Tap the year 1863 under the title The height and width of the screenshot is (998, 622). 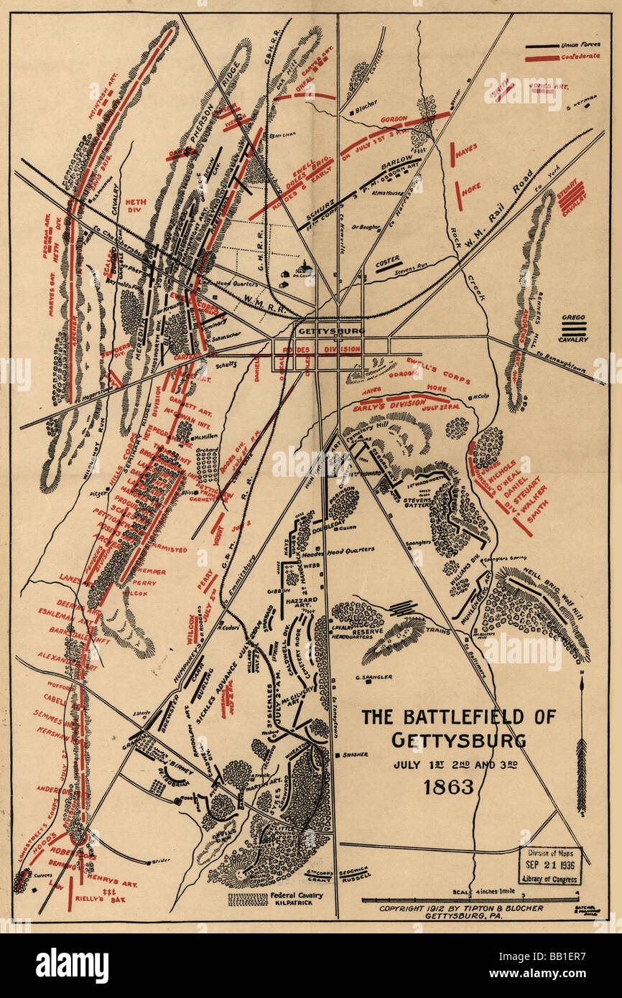pyautogui.click(x=448, y=786)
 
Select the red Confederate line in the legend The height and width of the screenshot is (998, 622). pyautogui.click(x=542, y=58)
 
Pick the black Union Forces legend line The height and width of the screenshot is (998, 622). pyautogui.click(x=542, y=47)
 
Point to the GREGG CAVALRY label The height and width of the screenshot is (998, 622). pyautogui.click(x=574, y=327)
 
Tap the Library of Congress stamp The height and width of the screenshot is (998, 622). pyautogui.click(x=550, y=866)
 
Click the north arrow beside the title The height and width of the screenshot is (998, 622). pyautogui.click(x=581, y=747)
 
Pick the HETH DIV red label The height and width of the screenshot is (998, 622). pyautogui.click(x=135, y=207)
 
